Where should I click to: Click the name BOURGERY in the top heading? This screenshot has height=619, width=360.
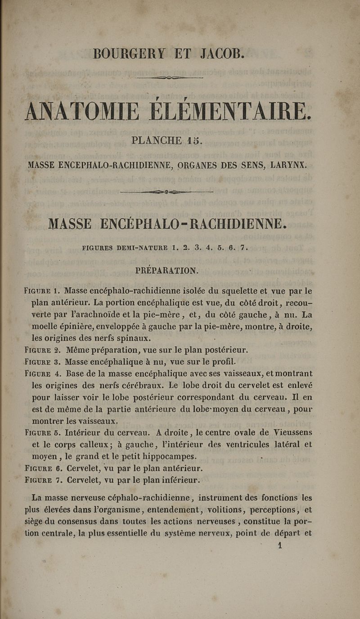click(129, 54)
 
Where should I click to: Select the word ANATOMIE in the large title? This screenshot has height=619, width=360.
click(82, 111)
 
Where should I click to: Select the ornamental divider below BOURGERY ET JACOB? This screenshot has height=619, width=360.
click(170, 77)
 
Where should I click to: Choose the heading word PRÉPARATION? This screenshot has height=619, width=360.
click(167, 271)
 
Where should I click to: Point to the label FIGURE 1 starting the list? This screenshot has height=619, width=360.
click(43, 291)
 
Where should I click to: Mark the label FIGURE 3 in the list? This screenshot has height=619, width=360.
click(43, 361)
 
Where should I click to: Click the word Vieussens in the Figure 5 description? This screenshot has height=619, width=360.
click(292, 434)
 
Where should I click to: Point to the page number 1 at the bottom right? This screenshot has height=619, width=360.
click(280, 545)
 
